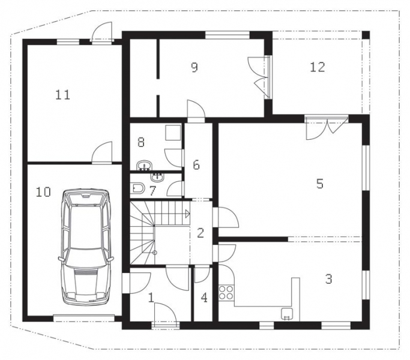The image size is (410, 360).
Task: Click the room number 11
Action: [63, 95]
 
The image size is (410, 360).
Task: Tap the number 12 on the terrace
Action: [318, 67]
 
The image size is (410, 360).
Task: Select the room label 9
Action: [194, 67]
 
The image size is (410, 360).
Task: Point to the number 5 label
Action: [320, 184]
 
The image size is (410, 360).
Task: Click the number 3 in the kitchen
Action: [329, 279]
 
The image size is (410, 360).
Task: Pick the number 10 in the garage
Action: [43, 192]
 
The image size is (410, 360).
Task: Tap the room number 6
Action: [196, 165]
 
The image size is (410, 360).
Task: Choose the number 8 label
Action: [141, 142]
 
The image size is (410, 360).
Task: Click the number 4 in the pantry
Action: [204, 298]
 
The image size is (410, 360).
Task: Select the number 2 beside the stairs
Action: [200, 233]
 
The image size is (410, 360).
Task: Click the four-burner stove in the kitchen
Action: [226, 292]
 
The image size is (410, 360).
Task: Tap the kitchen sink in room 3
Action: [287, 314]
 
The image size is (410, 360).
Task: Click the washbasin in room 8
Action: [144, 166]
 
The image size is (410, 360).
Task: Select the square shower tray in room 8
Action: [173, 133]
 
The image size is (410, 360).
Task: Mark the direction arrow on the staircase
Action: [187, 214]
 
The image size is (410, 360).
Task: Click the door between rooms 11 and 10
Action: [102, 153]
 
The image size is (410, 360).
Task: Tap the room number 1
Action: [151, 298]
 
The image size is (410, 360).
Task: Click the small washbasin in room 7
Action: [157, 177]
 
